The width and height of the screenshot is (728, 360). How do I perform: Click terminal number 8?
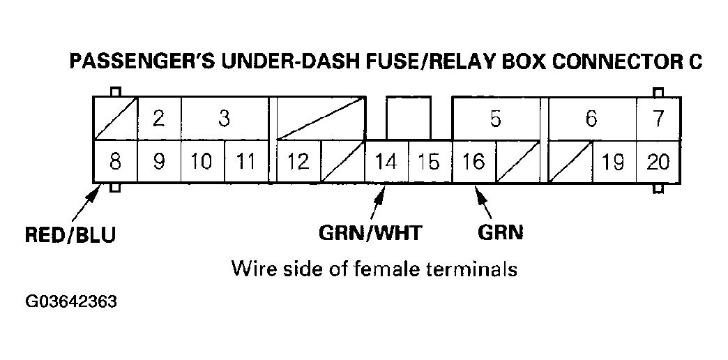(x=115, y=162)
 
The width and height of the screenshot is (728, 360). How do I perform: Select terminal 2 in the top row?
(x=159, y=119)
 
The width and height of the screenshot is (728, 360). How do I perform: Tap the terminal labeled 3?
(x=224, y=119)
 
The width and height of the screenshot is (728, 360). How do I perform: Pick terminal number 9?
(x=159, y=162)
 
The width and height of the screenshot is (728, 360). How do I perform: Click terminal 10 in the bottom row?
(x=202, y=162)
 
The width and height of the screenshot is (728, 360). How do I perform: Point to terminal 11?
(x=245, y=162)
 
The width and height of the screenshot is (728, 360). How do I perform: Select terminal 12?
(x=298, y=162)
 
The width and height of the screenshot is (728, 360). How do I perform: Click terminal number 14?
(x=386, y=162)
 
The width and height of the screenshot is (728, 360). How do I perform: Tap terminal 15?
(x=429, y=162)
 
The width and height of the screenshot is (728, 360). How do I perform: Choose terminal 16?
(x=473, y=162)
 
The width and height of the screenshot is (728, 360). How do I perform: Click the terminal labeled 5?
(x=495, y=119)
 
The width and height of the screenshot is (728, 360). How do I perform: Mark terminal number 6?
(x=591, y=119)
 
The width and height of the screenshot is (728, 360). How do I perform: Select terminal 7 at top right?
(x=658, y=119)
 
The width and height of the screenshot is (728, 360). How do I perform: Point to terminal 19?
(x=613, y=162)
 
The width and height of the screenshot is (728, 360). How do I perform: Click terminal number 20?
(x=658, y=162)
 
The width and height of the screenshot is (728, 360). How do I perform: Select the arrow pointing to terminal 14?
(x=377, y=202)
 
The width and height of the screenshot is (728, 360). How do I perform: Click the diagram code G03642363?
(x=71, y=303)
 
